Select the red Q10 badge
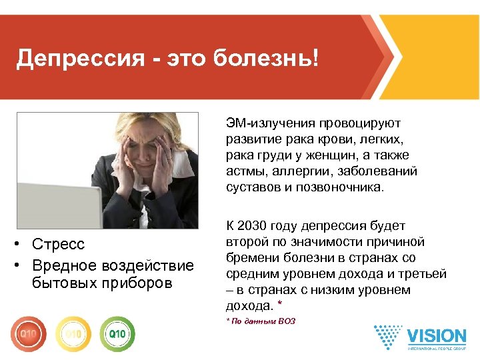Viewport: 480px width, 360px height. click(x=29, y=333)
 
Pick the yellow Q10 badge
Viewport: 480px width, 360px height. click(x=73, y=333)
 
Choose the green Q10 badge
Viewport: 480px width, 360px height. click(x=117, y=333)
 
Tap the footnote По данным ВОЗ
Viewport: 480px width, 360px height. click(x=263, y=321)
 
